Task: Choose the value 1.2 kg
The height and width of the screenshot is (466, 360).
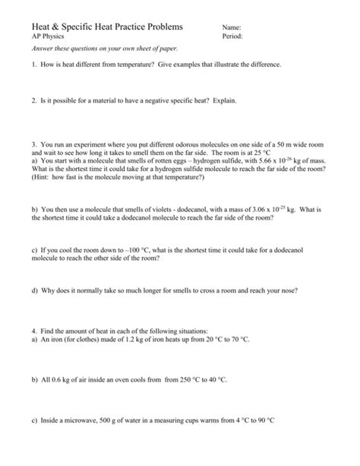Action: pyautogui.click(x=122, y=341)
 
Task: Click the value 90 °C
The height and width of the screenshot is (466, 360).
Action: pyautogui.click(x=264, y=420)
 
